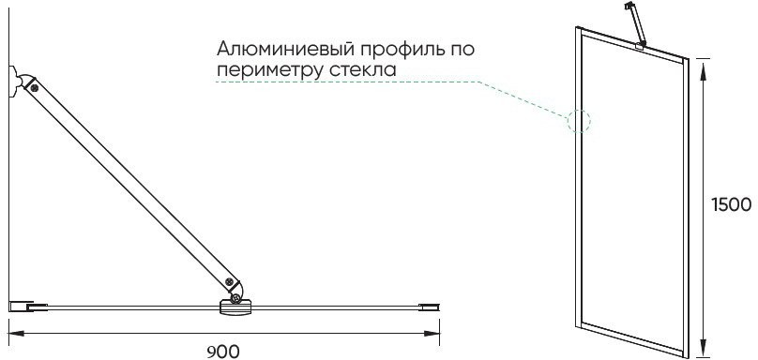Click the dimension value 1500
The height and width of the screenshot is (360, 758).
pyautogui.click(x=728, y=204)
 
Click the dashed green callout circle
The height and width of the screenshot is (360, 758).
pyautogui.click(x=579, y=121)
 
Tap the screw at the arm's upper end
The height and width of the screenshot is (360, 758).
pyautogui.click(x=35, y=87)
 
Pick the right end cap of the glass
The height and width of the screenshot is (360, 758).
pyautogui.click(x=429, y=306)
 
